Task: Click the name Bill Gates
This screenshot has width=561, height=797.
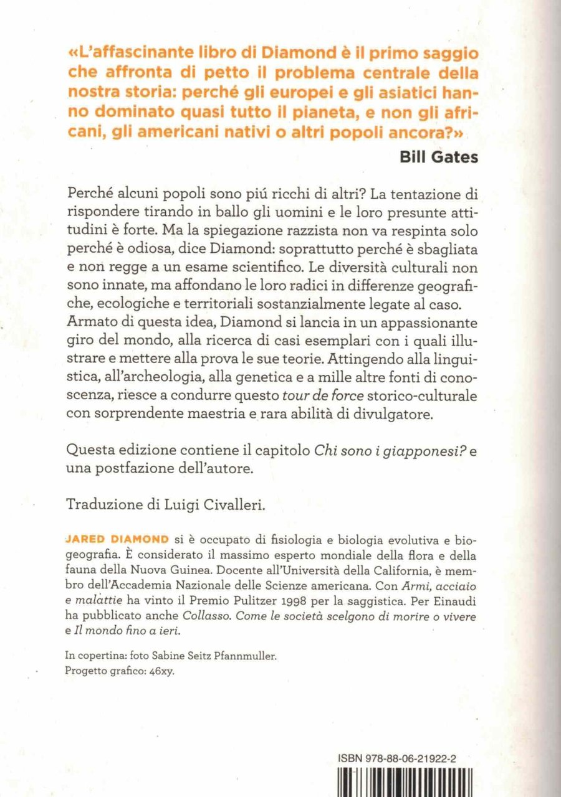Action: click(x=439, y=157)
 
